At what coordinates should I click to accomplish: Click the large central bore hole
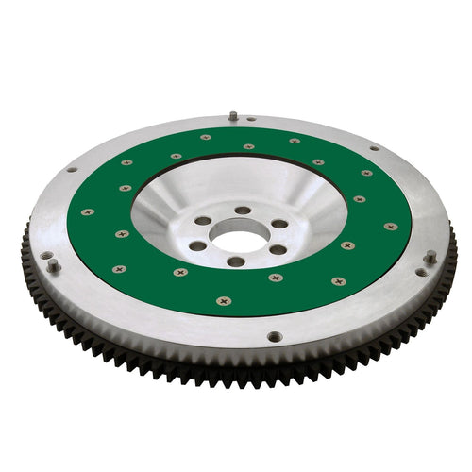click(x=236, y=236)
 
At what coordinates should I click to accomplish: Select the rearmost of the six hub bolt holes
click(x=243, y=210)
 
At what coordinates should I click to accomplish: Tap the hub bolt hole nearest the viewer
click(x=235, y=261)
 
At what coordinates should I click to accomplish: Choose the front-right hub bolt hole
click(x=278, y=250)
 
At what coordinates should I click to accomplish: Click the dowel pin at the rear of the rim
click(x=232, y=116)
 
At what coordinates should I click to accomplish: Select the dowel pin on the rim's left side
click(x=53, y=265)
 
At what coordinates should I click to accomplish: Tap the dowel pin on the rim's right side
click(x=430, y=258)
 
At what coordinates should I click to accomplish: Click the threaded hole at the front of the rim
click(x=274, y=335)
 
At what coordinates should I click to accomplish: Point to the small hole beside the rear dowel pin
click(x=251, y=120)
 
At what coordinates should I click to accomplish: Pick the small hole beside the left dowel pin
click(x=44, y=255)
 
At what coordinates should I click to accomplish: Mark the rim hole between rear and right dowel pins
click(x=374, y=148)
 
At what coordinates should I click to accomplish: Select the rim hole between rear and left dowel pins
click(x=72, y=170)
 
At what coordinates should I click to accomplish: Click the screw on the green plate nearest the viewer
click(x=223, y=301)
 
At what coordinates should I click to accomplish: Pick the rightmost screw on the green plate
click(x=390, y=227)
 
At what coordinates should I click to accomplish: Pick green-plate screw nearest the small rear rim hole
click(x=248, y=146)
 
